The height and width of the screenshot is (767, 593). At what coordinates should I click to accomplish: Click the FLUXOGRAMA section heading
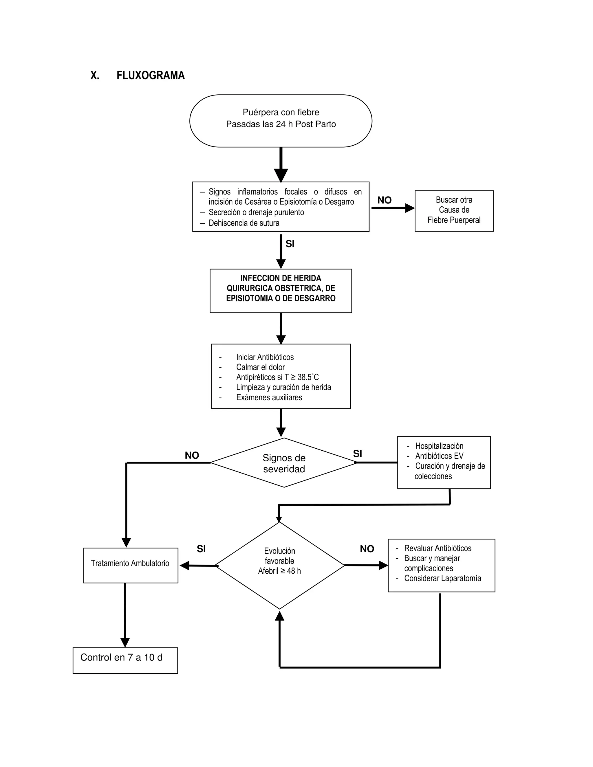[x=150, y=76]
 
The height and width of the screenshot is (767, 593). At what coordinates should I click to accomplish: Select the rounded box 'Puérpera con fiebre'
[x=281, y=120]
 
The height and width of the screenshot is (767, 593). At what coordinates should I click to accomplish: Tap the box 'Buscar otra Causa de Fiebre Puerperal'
[x=454, y=210]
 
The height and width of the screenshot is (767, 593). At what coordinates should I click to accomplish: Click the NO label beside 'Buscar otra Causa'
[x=384, y=200]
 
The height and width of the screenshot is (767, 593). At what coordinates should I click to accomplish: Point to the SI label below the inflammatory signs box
[x=290, y=244]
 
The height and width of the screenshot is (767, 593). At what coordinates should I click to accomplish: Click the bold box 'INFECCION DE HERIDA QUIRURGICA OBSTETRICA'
[x=281, y=288]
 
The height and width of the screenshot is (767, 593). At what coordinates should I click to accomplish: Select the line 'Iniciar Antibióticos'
[x=265, y=357]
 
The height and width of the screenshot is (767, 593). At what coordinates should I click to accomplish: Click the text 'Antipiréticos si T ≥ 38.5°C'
[x=277, y=377]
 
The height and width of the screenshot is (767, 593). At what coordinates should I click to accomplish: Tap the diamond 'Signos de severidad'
[x=284, y=463]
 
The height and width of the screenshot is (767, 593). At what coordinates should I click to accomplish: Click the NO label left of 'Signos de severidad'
[x=192, y=456]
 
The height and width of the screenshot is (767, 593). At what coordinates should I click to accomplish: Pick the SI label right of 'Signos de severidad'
[x=357, y=454]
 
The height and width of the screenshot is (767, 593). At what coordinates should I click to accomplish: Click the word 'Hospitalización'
[x=439, y=446]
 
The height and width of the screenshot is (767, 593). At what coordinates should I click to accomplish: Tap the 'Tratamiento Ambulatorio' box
[x=130, y=563]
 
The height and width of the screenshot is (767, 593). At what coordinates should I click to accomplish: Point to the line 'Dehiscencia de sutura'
[x=244, y=223]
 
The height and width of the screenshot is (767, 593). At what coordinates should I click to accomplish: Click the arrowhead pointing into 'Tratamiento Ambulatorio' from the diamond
[x=184, y=566]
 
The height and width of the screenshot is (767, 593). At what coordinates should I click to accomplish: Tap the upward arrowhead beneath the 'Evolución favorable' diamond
[x=280, y=616]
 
